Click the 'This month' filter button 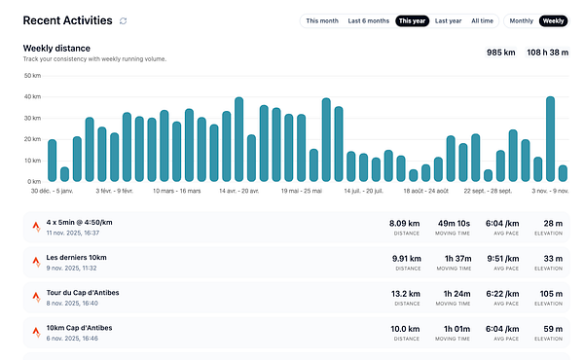click(322, 20)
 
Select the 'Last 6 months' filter click(369, 20)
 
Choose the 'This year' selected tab click(413, 20)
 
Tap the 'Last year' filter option click(449, 20)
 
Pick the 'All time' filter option click(483, 20)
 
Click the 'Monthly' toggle click(522, 20)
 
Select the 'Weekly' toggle click(554, 20)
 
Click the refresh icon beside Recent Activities click(123, 20)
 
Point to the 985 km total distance click(500, 53)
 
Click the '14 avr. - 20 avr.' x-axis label click(239, 192)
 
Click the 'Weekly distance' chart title click(56, 48)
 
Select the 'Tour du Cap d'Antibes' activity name click(82, 291)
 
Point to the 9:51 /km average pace click(504, 258)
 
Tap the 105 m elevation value click(553, 292)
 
